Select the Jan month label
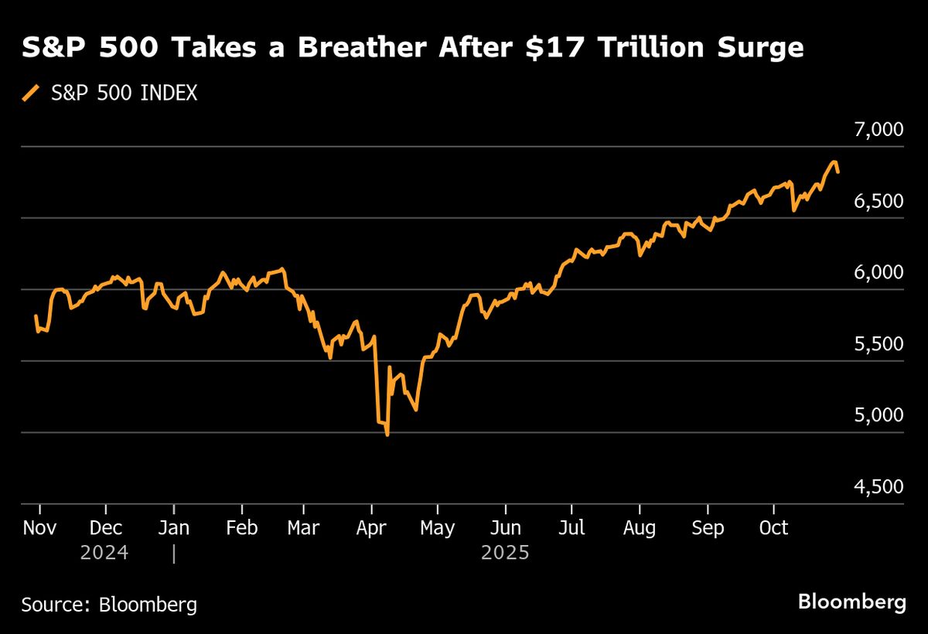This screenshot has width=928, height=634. pyautogui.click(x=174, y=528)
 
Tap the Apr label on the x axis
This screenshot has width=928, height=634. pyautogui.click(x=372, y=528)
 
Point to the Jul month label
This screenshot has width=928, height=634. pyautogui.click(x=571, y=528)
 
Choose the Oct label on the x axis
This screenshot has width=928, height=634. pyautogui.click(x=773, y=528)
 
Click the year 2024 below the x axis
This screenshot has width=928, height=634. pyautogui.click(x=104, y=554)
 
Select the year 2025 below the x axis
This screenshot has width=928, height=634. pyautogui.click(x=505, y=554)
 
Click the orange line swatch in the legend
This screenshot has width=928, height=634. pyautogui.click(x=30, y=94)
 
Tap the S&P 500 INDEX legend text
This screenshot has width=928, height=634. pyautogui.click(x=124, y=94)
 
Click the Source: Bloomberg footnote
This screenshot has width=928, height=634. pyautogui.click(x=109, y=604)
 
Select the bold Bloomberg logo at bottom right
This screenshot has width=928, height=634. pyautogui.click(x=851, y=602)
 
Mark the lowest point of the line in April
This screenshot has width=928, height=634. pyautogui.click(x=387, y=435)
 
